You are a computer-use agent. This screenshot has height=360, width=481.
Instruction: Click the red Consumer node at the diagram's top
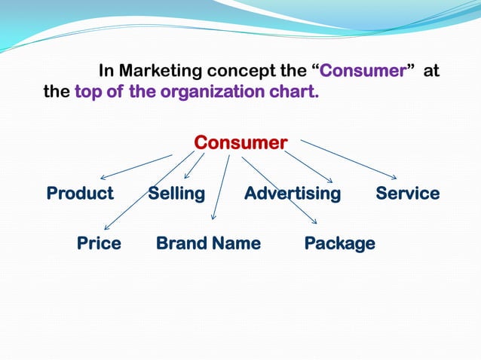[x=240, y=142]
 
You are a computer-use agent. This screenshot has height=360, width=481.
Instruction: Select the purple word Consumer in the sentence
[x=363, y=72]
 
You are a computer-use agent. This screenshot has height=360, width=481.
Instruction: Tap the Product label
[x=80, y=194]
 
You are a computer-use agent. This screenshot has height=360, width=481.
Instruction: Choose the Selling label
[x=176, y=194]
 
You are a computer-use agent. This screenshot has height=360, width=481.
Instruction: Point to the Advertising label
[x=293, y=194]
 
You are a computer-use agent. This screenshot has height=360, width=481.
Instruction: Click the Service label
[x=407, y=194]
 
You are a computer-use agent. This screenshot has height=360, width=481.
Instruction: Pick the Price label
[x=99, y=243]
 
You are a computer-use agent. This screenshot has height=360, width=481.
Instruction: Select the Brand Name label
[x=208, y=243]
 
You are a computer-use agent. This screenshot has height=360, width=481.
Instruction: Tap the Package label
[x=339, y=243]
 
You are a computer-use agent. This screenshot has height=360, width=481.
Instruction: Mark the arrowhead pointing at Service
[x=393, y=177]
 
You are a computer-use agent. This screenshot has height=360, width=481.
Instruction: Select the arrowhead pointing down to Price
[x=107, y=227]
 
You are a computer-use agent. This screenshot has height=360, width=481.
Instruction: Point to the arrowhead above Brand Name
[x=213, y=217]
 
